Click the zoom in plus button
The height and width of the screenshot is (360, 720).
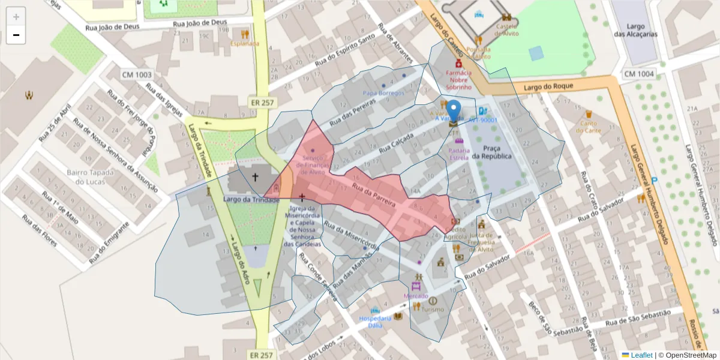tap(16, 17)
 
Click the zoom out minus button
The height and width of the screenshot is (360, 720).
tap(16, 35)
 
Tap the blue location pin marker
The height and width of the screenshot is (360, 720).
tap(454, 112)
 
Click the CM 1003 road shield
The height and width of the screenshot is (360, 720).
tap(137, 75)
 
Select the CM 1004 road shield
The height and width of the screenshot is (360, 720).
tap(638, 74)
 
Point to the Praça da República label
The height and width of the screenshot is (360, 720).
tap(491, 152)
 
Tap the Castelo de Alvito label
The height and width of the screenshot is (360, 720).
tap(506, 34)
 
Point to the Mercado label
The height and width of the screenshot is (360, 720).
tap(415, 296)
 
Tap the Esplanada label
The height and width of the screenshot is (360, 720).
tap(245, 43)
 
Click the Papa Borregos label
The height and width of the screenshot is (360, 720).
tap(383, 93)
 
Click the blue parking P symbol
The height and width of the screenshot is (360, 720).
tap(655, 180)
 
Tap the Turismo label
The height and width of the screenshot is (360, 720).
tap(433, 310)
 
